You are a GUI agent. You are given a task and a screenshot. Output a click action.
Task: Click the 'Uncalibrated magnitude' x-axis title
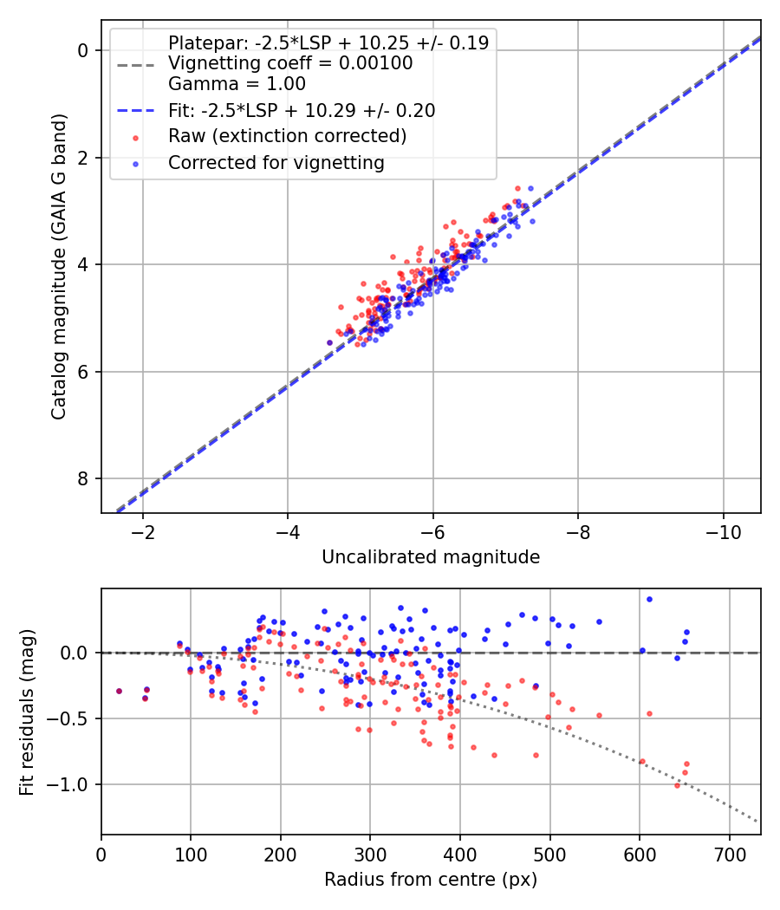[x=431, y=557]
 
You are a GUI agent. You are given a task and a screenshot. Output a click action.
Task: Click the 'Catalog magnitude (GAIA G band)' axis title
[x=59, y=266]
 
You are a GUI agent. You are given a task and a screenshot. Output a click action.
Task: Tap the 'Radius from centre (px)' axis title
[x=431, y=880]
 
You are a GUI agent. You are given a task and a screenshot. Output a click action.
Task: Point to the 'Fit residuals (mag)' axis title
[x=27, y=712]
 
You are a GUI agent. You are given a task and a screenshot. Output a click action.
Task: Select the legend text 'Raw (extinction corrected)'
[x=287, y=136]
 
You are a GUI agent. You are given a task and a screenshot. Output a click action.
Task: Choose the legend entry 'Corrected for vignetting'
[x=276, y=163]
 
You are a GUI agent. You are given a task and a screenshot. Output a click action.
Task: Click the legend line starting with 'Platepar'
[x=328, y=42]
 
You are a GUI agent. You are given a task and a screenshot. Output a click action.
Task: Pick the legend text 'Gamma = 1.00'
[x=237, y=84]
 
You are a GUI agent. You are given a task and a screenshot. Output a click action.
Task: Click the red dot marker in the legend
[x=136, y=138]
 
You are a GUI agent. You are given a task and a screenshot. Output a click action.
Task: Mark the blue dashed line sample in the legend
[x=136, y=111]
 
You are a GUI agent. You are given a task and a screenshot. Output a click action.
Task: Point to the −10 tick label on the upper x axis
[x=723, y=532]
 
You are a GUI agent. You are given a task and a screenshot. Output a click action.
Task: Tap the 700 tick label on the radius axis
[x=730, y=855]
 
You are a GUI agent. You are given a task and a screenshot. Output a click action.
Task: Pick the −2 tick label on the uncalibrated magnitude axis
[x=143, y=532]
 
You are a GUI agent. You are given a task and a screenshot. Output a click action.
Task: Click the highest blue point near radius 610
[x=649, y=600]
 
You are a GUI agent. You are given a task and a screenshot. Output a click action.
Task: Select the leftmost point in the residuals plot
[x=119, y=692]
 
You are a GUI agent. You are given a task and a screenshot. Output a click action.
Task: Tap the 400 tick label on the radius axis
[x=460, y=855]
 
